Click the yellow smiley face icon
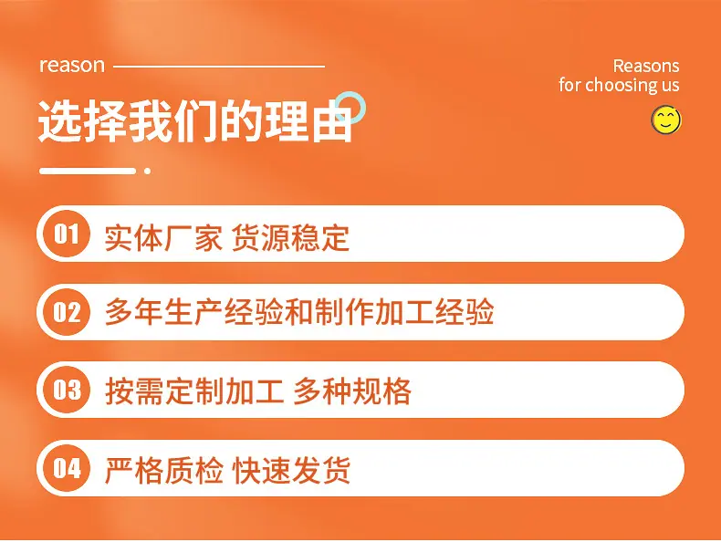coord(666,120)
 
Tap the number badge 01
coord(67,234)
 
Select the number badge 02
coord(67,312)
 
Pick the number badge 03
coord(67,390)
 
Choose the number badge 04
coord(67,468)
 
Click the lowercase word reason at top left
coord(72,66)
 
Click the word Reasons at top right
coord(646,67)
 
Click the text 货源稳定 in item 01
coord(290,237)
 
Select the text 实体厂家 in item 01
coord(163,237)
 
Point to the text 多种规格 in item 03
coord(352,391)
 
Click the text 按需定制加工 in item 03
coord(194,391)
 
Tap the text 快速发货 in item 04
coord(291,470)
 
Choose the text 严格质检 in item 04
coord(163,470)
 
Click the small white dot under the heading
coord(148,171)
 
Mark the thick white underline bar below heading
coord(88,171)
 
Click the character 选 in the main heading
coord(60,121)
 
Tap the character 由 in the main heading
coord(332,121)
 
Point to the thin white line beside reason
coord(219,67)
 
